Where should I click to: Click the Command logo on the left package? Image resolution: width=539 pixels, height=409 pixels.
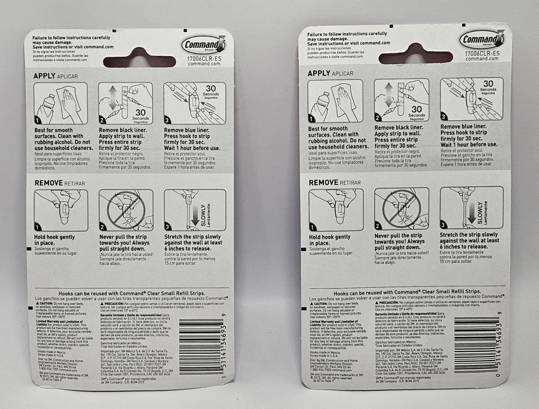pos(203,44)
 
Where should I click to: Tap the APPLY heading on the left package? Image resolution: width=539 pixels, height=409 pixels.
pos(44,75)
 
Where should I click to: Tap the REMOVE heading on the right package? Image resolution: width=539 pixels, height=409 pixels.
pos(323,183)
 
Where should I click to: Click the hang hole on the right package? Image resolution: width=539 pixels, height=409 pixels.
pos(415,53)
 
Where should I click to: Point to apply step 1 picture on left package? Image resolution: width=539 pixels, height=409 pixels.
pos(61,103)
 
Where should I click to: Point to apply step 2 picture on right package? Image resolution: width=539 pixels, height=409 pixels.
pos(401,100)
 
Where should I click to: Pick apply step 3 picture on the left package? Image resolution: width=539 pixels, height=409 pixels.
pos(194,103)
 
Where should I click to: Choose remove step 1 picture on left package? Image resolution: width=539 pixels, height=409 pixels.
pos(61,210)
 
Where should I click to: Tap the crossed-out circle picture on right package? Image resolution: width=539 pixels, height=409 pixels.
pos(401,208)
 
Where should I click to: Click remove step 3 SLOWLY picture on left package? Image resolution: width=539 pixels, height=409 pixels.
pos(194,210)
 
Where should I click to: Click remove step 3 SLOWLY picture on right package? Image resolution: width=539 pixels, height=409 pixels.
pos(471,207)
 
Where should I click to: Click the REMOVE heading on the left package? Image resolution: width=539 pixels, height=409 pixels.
pos(48,183)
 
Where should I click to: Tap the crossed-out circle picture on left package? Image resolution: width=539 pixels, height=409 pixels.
pos(126,210)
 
